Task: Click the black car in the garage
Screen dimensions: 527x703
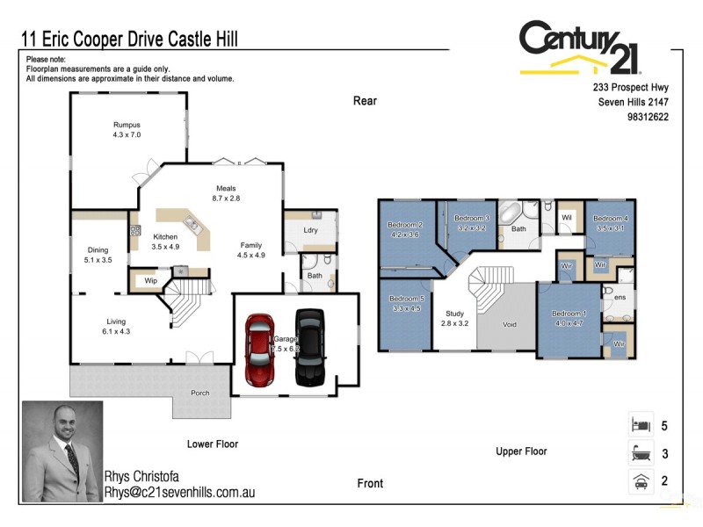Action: point(310,347)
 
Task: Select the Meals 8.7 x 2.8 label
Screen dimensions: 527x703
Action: point(226,193)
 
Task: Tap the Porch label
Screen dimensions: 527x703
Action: point(200,393)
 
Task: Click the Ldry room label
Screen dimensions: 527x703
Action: point(309,230)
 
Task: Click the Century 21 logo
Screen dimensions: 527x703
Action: point(580,47)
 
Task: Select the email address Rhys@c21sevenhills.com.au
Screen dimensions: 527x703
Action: point(179,493)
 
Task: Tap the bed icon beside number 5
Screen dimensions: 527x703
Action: point(639,425)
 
